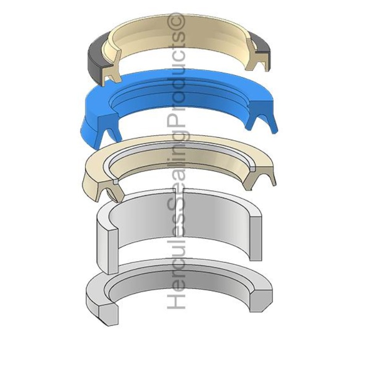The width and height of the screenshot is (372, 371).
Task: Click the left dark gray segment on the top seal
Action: [96, 62]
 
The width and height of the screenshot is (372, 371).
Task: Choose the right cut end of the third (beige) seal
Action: [260, 176]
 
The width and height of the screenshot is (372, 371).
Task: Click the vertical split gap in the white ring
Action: [179, 213]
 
